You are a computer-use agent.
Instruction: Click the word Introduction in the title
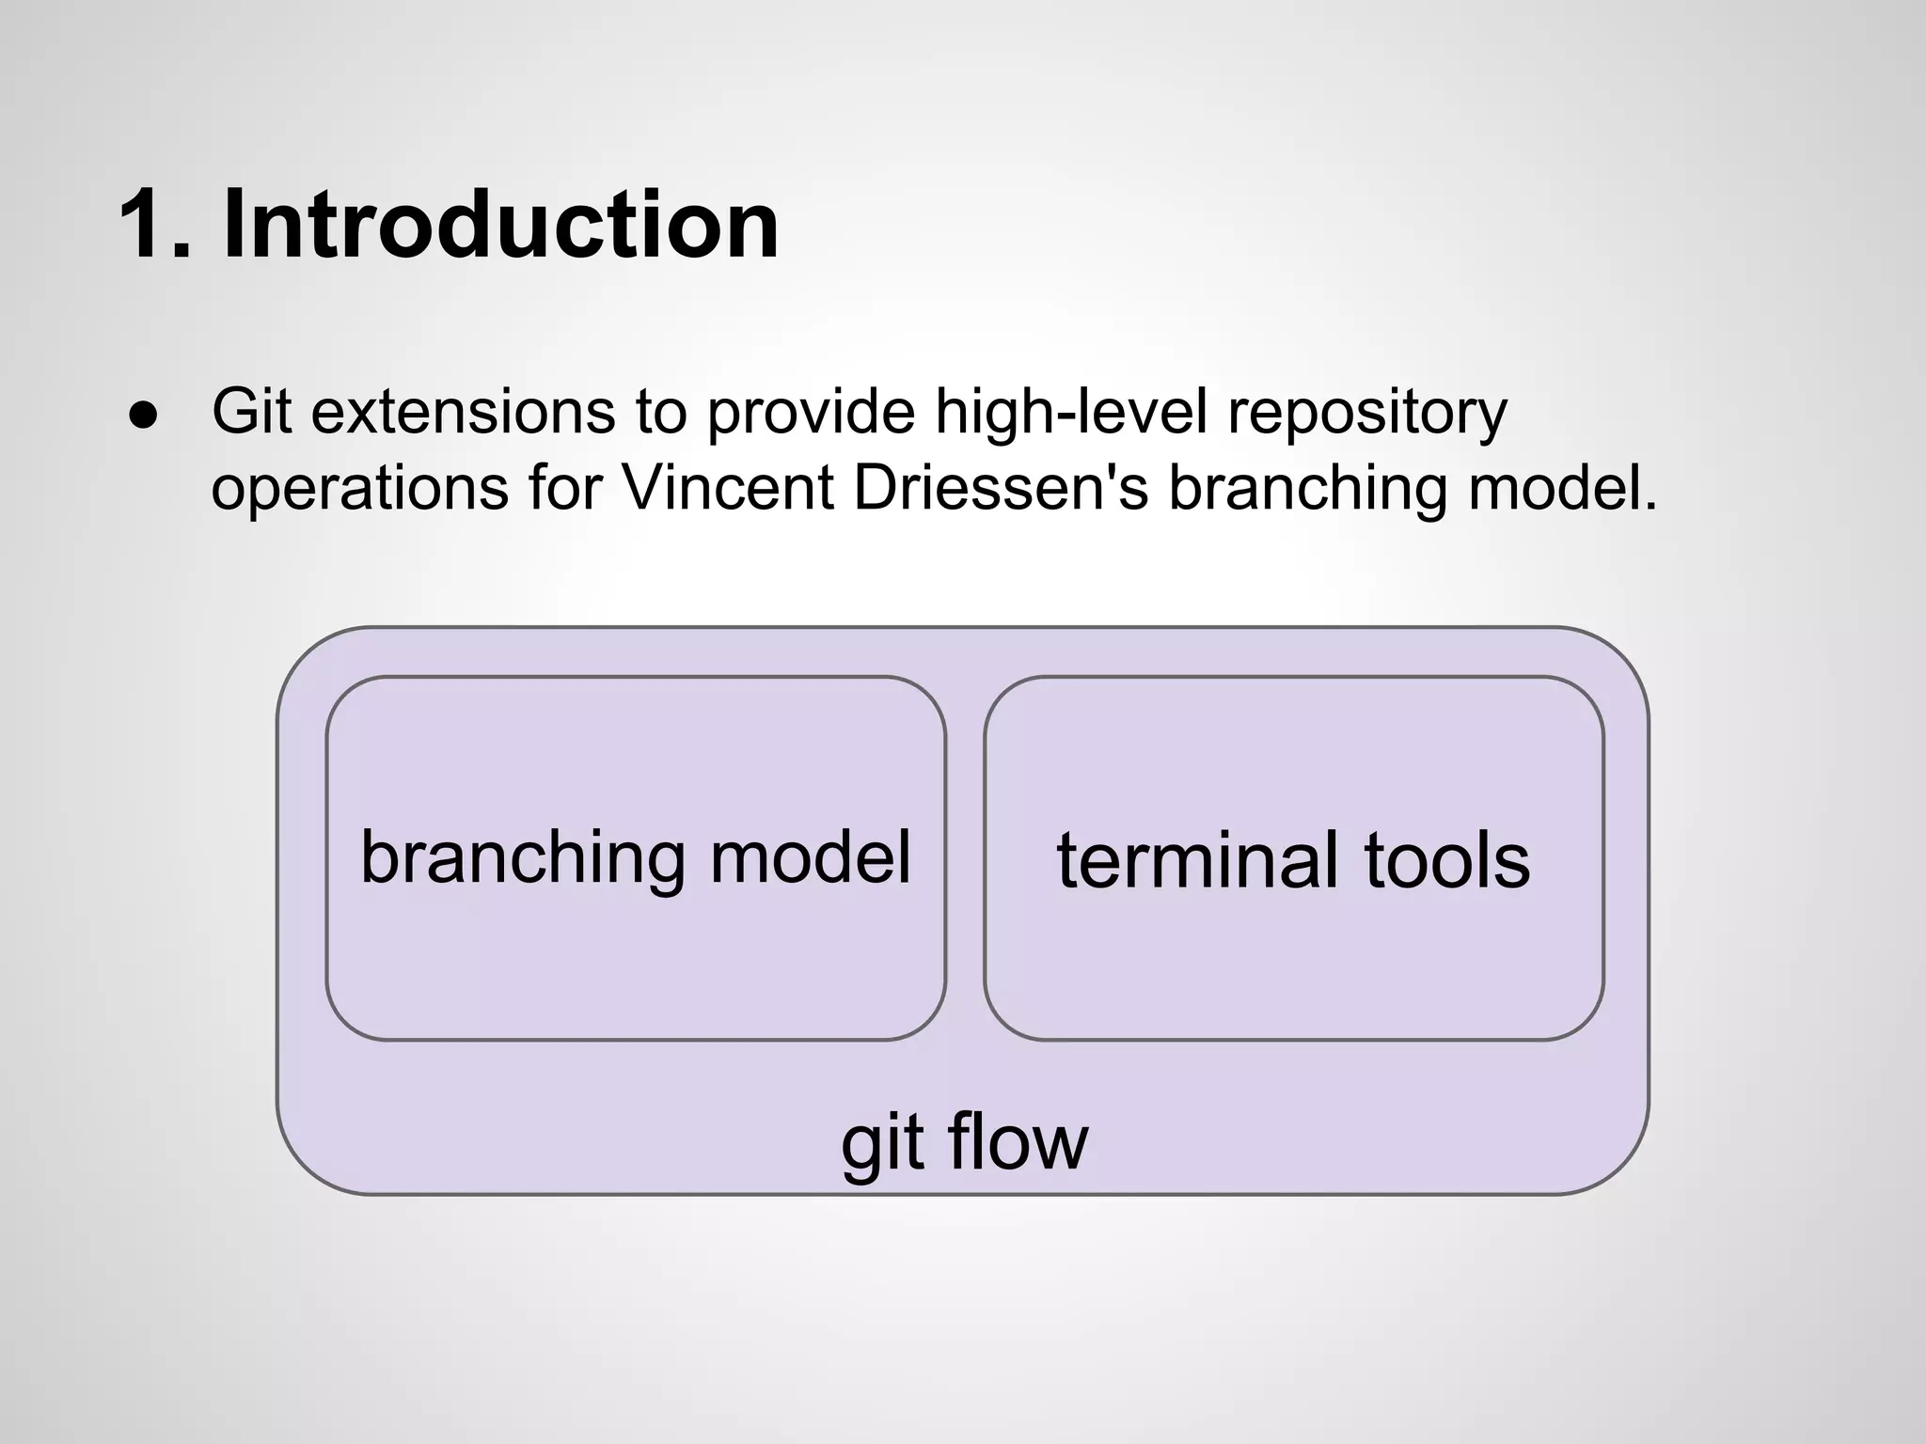[500, 226]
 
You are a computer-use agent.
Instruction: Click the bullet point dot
[143, 416]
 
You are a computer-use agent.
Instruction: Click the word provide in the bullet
[810, 414]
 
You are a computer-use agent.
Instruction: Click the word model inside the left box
[810, 857]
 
